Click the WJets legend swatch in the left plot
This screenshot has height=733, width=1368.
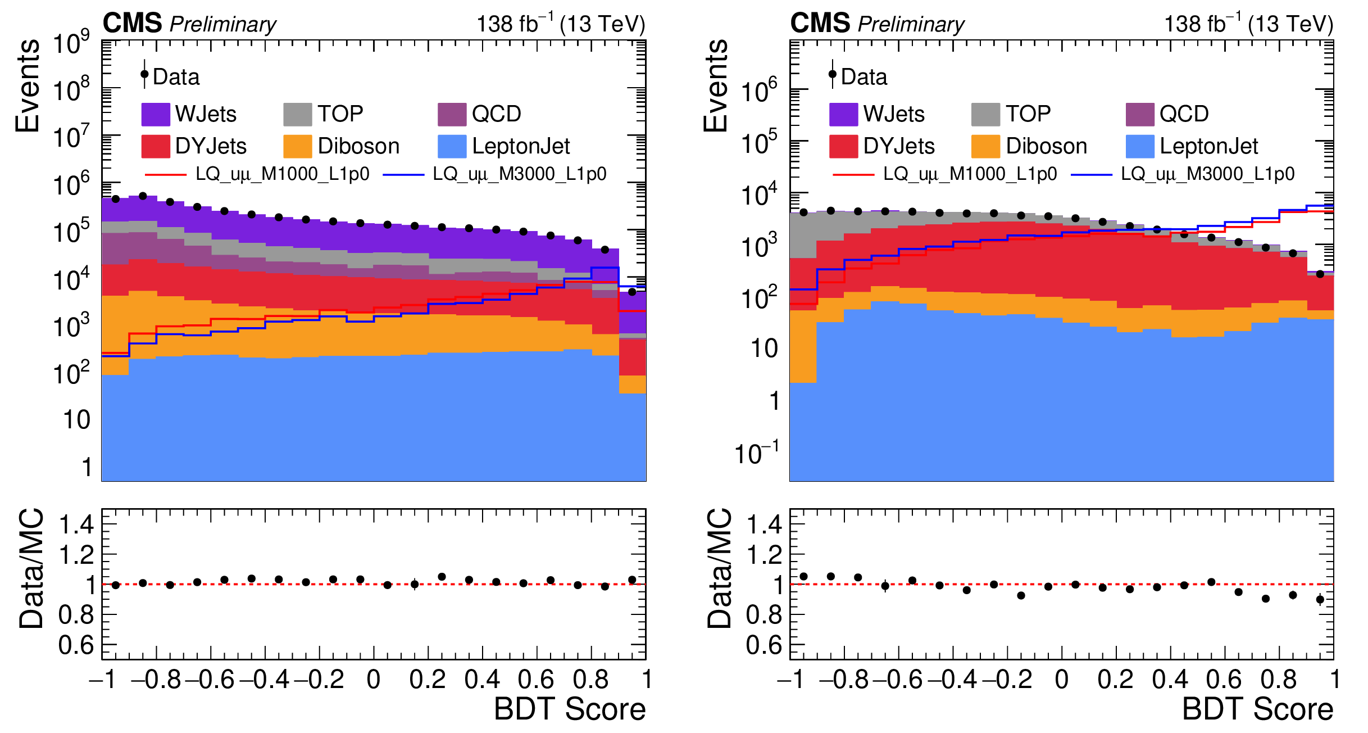156,114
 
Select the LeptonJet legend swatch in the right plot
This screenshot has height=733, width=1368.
1140,146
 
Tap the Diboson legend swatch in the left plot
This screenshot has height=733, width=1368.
297,146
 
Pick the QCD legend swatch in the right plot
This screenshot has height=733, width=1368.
1140,114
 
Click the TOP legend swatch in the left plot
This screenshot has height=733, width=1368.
297,114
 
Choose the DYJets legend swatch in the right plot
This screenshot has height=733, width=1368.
843,146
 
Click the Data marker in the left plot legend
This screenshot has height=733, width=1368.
144,74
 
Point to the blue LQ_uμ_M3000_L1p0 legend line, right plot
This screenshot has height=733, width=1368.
1091,175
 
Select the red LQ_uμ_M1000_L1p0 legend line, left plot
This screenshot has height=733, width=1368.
165,175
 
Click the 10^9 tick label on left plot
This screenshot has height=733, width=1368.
71,43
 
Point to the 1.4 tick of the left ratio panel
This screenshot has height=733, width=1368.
76,524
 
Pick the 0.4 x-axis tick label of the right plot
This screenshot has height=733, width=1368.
1170,680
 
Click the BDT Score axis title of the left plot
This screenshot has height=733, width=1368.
570,709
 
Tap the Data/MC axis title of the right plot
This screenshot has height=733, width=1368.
719,568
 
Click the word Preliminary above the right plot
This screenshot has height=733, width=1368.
911,24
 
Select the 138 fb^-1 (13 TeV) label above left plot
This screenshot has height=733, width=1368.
561,24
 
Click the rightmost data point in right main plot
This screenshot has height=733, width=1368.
1320,274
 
